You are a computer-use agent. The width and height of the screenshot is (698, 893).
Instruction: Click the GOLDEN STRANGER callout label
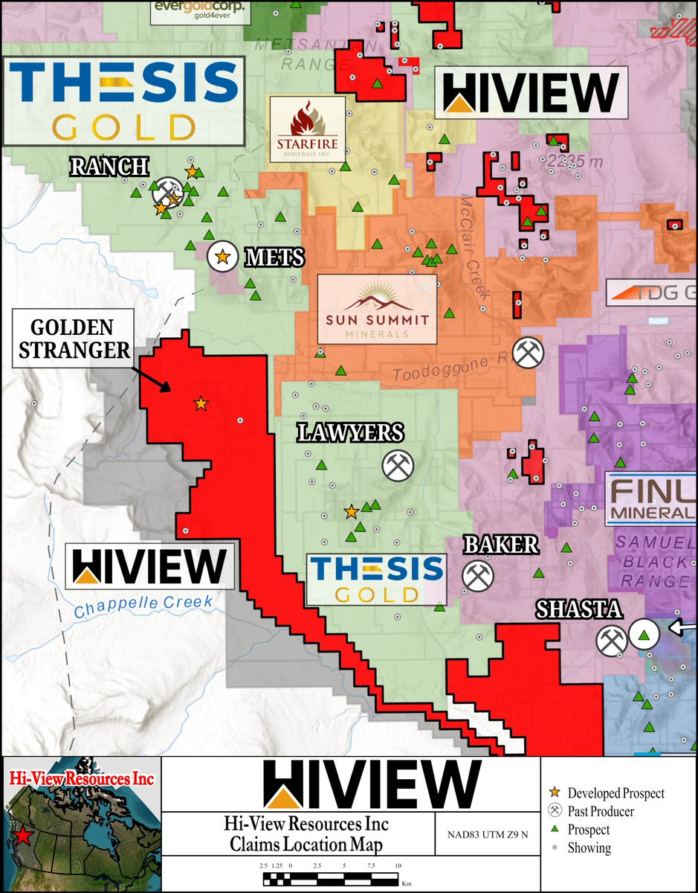pos(72,340)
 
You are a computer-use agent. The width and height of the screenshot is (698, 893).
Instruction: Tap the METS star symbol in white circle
pos(222,257)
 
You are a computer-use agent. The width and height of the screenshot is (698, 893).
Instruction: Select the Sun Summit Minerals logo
pos(376,309)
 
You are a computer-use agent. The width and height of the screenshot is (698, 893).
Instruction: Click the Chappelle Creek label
pos(143,602)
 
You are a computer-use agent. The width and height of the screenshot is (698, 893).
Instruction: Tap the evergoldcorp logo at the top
pos(199,11)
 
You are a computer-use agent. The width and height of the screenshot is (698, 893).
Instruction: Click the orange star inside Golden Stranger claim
pos(201,403)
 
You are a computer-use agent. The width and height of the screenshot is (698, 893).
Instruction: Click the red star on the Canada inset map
pos(23,837)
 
